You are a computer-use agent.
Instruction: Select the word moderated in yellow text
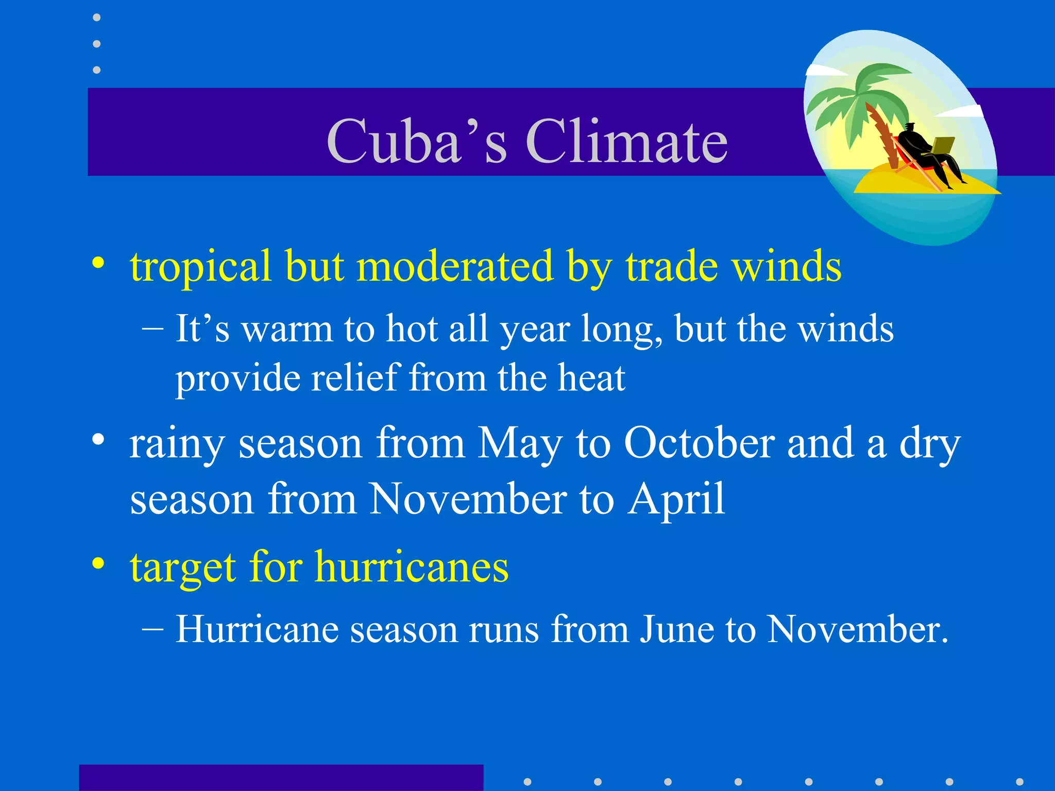coord(455,267)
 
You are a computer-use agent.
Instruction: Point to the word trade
coord(672,267)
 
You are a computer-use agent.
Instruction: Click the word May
coord(520,444)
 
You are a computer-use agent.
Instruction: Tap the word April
coord(676,500)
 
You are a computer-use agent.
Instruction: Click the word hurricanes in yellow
coord(412,566)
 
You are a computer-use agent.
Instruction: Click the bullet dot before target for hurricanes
coord(98,564)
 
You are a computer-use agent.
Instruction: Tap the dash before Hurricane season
coord(152,629)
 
